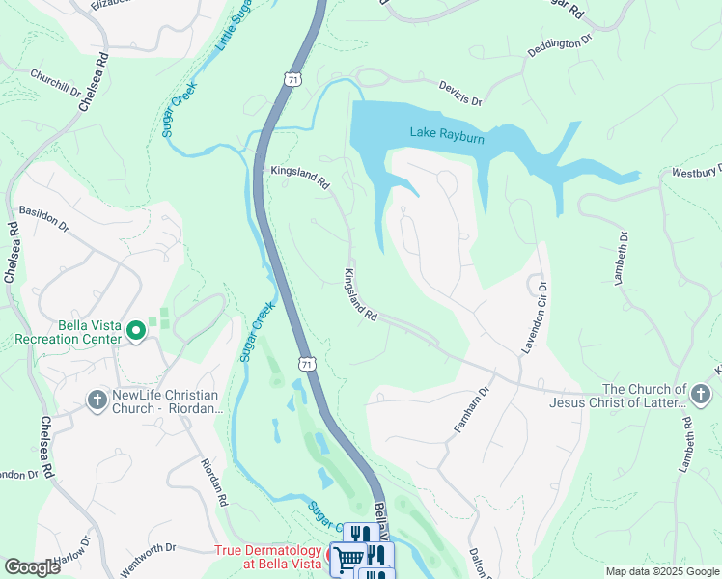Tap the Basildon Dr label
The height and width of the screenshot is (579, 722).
pyautogui.click(x=44, y=218)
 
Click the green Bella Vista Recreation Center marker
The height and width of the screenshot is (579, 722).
pyautogui.click(x=136, y=332)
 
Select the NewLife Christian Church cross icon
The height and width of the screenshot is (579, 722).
pyautogui.click(x=97, y=399)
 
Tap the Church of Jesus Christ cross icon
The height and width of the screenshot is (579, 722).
pyautogui.click(x=700, y=394)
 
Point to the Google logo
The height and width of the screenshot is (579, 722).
pyautogui.click(x=32, y=567)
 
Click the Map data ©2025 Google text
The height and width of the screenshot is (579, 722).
pyautogui.click(x=661, y=571)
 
